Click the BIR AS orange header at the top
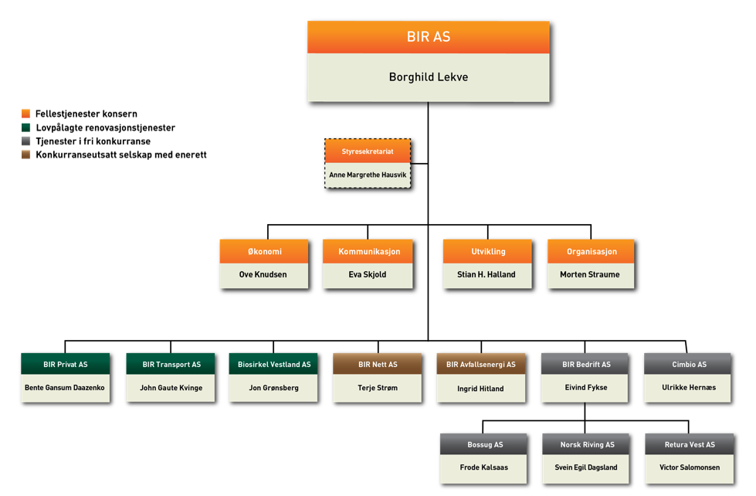pyautogui.click(x=428, y=37)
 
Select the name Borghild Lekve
pyautogui.click(x=428, y=77)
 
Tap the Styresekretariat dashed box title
pyautogui.click(x=368, y=151)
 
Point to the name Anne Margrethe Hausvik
pyautogui.click(x=368, y=175)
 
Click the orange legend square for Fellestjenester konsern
pyautogui.click(x=25, y=114)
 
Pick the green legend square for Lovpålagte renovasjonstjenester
pyautogui.click(x=25, y=127)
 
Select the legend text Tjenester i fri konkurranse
pyautogui.click(x=93, y=141)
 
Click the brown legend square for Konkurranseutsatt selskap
pyautogui.click(x=25, y=155)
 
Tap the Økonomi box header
pyautogui.click(x=264, y=252)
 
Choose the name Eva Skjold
pyautogui.click(x=368, y=274)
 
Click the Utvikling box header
pyautogui.click(x=488, y=252)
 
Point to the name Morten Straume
pyautogui.click(x=590, y=274)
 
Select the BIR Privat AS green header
pyautogui.click(x=66, y=365)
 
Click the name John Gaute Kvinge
pyautogui.click(x=171, y=388)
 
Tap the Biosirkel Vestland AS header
pyautogui.click(x=273, y=365)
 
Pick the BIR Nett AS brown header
pyautogui.click(x=378, y=365)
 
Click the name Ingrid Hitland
pyautogui.click(x=480, y=389)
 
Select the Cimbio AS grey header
pyautogui.click(x=689, y=365)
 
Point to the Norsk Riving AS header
pyautogui.click(x=587, y=445)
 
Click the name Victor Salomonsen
pyautogui.click(x=689, y=467)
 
